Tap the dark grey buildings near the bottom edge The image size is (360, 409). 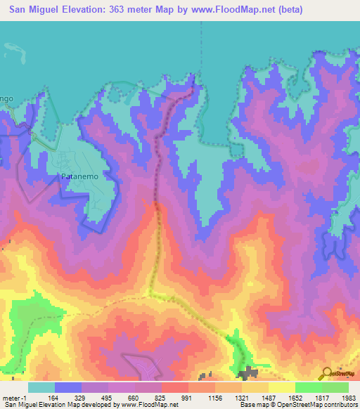(x=247, y=374)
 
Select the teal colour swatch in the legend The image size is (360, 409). (x=41, y=387)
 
